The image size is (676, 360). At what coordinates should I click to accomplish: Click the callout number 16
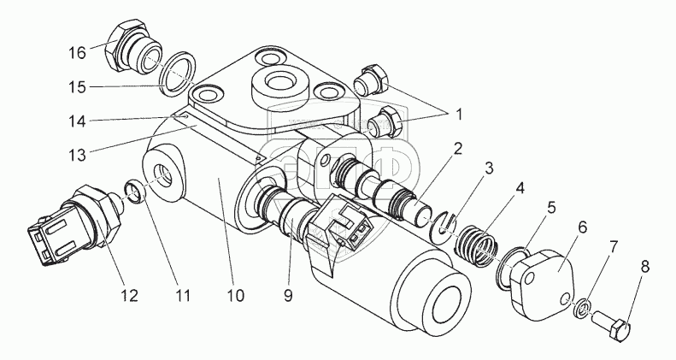pyautogui.click(x=77, y=53)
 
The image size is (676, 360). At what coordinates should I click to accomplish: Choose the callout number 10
pyautogui.click(x=236, y=297)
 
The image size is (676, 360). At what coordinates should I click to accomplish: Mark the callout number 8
pyautogui.click(x=644, y=267)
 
